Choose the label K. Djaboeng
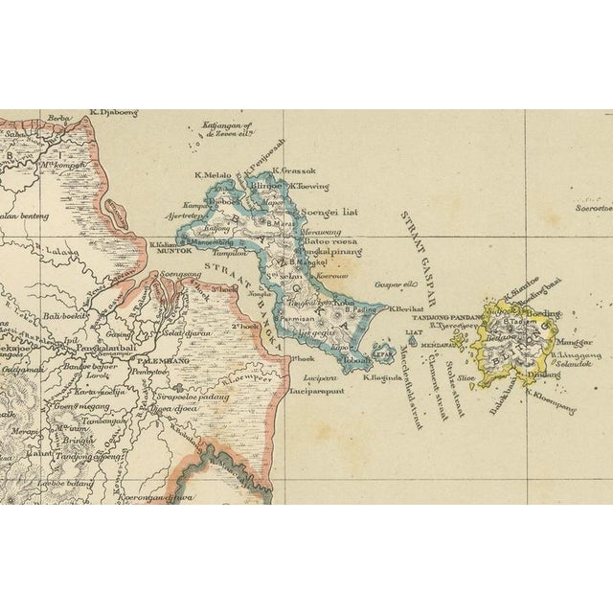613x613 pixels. [x=113, y=113]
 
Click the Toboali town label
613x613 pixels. [x=351, y=361]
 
